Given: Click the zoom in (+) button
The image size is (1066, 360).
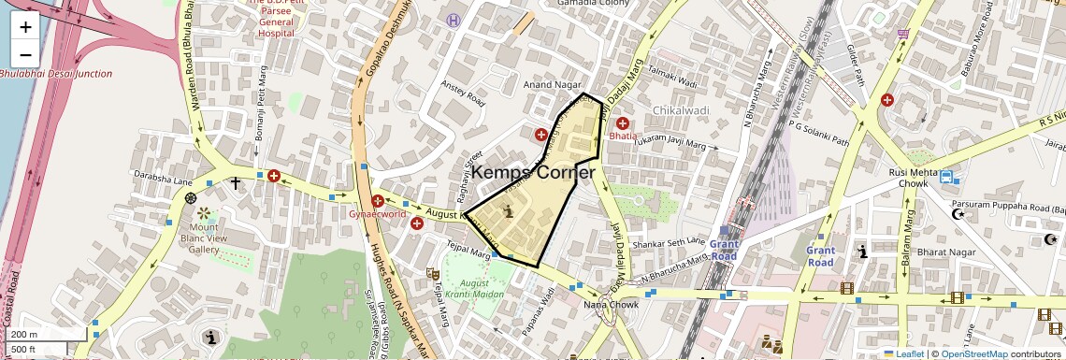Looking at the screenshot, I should point(25,27).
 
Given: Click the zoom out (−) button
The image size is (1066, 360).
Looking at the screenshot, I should point(25,53).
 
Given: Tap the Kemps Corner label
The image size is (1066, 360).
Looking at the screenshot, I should point(534,172).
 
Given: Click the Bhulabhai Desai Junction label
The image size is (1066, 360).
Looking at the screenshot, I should point(56,74).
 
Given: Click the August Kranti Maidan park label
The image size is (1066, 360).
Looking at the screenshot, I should point(474,288).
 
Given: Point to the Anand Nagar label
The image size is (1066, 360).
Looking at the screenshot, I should point(553,85).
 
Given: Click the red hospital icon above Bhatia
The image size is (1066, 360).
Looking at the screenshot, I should point(622,123).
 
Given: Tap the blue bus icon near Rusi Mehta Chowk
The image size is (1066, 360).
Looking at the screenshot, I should point(946,178).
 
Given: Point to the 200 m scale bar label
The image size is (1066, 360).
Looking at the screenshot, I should point(24,335).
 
